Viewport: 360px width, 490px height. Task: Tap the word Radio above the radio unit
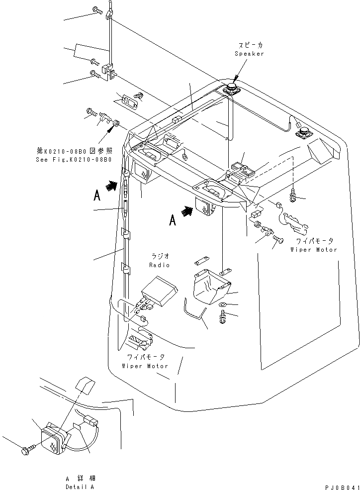point(161,265)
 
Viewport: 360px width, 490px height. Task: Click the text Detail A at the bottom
point(80,487)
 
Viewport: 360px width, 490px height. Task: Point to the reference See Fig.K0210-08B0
point(74,160)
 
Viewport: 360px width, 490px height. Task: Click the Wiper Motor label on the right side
point(314,250)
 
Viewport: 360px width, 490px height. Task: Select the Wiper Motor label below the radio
point(145,366)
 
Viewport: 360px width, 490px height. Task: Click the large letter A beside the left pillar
point(97,196)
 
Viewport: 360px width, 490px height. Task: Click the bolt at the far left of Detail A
point(27,450)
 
